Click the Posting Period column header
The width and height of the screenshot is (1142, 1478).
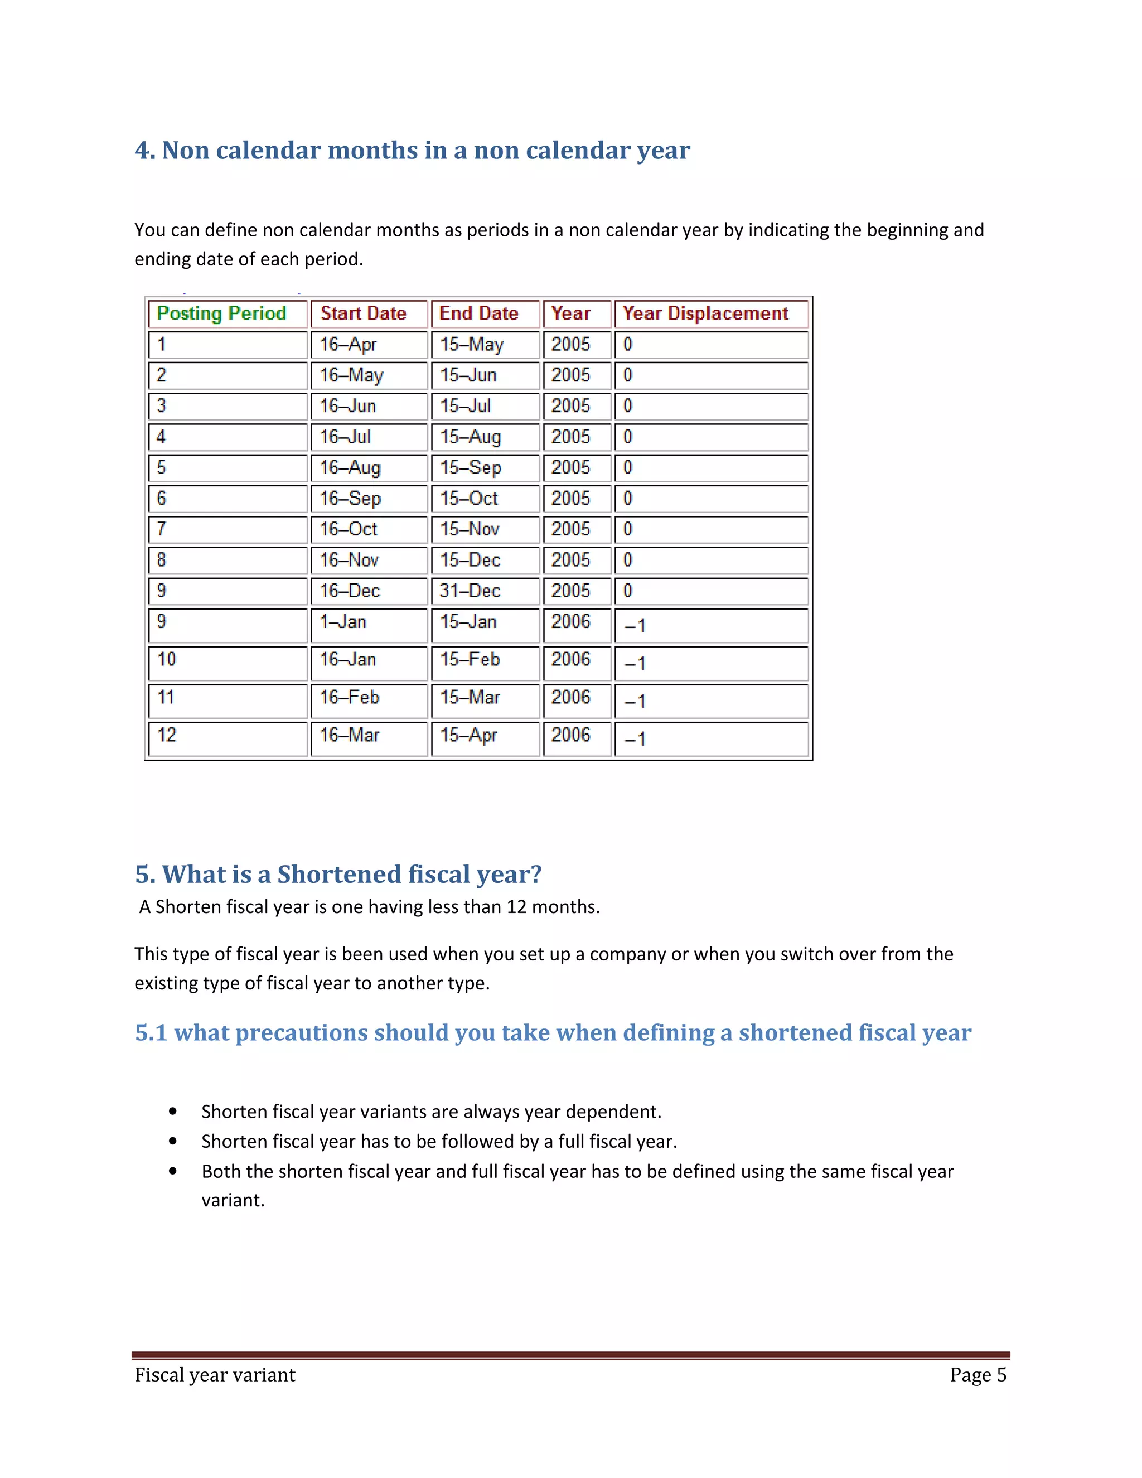click(x=221, y=313)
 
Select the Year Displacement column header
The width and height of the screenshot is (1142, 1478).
click(x=705, y=313)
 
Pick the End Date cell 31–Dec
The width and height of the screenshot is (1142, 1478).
click(x=470, y=591)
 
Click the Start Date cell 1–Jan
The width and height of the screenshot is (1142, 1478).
click(x=343, y=622)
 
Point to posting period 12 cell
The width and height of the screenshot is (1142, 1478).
click(x=167, y=735)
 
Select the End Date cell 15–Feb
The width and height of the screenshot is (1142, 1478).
click(x=470, y=660)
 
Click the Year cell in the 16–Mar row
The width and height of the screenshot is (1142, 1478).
click(x=570, y=735)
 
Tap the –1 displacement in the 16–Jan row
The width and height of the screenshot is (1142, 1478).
click(x=635, y=663)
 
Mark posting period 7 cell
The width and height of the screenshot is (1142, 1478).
click(x=162, y=529)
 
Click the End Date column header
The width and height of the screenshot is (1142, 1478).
click(x=478, y=313)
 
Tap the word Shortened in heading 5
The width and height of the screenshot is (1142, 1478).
click(x=339, y=875)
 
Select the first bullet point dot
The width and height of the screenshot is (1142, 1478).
click(x=173, y=1111)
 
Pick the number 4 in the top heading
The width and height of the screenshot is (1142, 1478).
click(x=142, y=150)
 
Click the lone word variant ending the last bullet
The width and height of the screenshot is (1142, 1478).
click(x=233, y=1201)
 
